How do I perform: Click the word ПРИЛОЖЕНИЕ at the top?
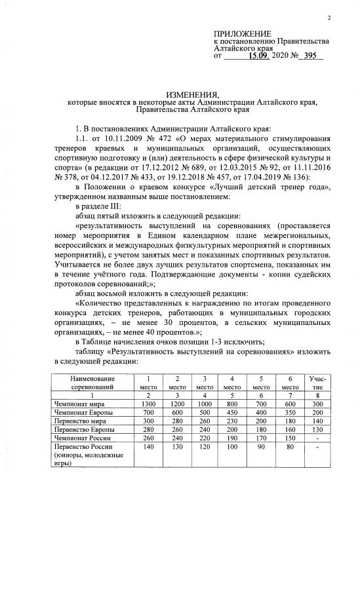[x=242, y=33]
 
